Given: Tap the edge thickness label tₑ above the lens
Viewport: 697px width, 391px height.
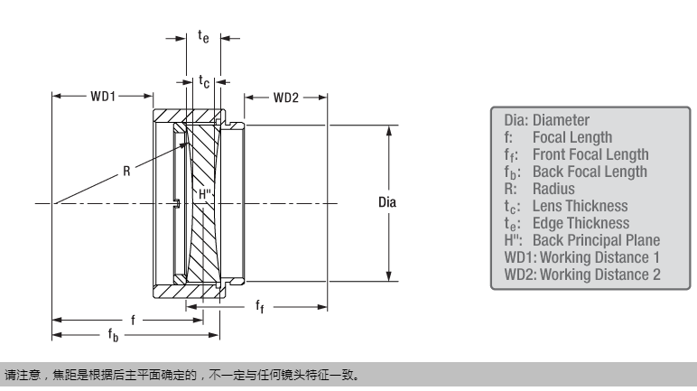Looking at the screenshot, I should [203, 36].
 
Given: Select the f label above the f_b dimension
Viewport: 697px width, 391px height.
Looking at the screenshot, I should [134, 319].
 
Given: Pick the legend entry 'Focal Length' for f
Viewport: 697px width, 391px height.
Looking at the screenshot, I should [572, 137].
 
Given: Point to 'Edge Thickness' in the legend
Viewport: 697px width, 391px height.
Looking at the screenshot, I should [581, 222].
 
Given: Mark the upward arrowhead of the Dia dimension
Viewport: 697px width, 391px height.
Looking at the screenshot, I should [388, 129].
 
